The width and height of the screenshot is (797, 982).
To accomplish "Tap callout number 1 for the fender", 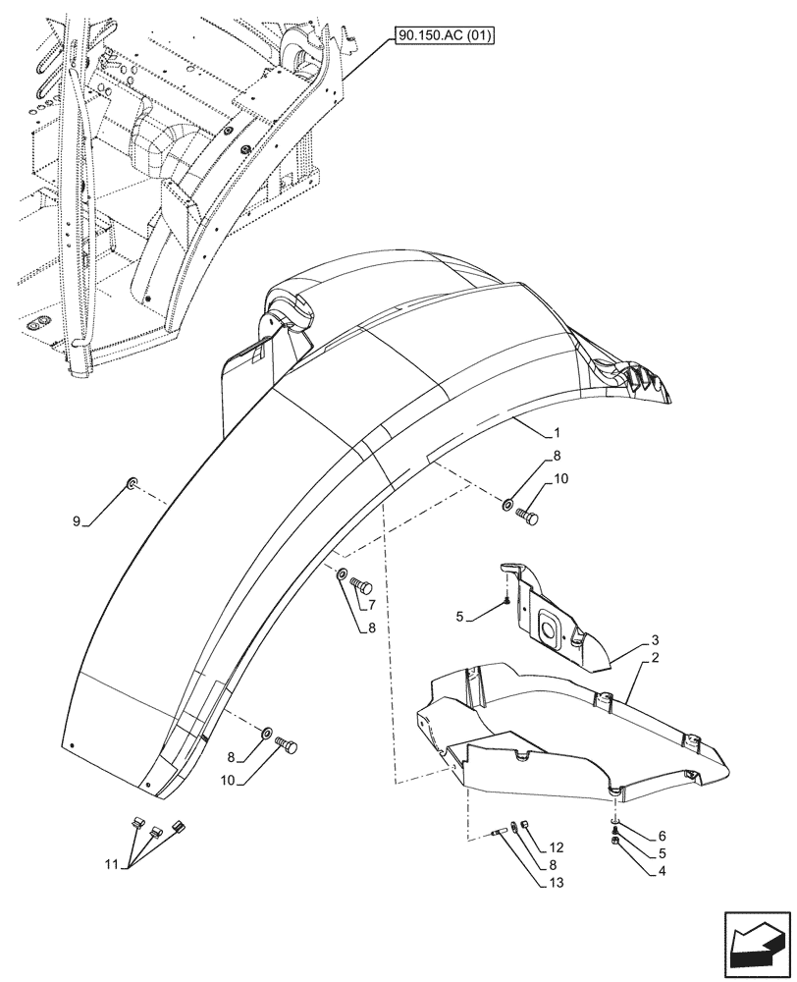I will pyautogui.click(x=557, y=432).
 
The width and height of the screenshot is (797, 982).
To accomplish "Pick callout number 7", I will pyautogui.click(x=372, y=605).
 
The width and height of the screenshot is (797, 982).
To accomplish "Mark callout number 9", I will pyautogui.click(x=77, y=520).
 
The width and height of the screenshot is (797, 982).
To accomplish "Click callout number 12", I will pyautogui.click(x=558, y=846).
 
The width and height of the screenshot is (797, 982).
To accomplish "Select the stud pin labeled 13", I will pyautogui.click(x=508, y=833).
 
